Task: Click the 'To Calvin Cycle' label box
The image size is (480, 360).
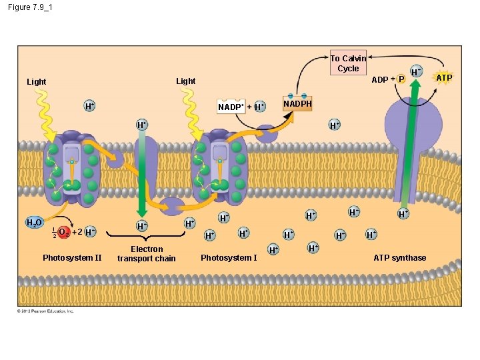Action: point(348,63)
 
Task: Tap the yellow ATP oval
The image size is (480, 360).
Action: point(444,78)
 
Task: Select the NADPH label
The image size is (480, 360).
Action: point(297,105)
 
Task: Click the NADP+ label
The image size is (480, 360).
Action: point(231,107)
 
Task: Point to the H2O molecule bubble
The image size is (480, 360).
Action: point(34,222)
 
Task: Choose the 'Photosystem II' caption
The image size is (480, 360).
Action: point(72,258)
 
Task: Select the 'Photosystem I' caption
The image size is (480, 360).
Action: point(229,258)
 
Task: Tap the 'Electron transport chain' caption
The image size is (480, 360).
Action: point(147,254)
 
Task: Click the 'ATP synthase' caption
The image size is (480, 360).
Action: point(399,258)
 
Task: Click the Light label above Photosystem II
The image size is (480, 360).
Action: point(37,82)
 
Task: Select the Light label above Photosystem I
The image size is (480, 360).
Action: point(185,81)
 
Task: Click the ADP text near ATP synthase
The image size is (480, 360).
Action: point(380,79)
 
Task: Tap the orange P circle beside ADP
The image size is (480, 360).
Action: point(401,79)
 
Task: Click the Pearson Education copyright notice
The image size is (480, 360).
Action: point(46,311)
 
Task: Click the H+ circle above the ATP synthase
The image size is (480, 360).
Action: point(415,71)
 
